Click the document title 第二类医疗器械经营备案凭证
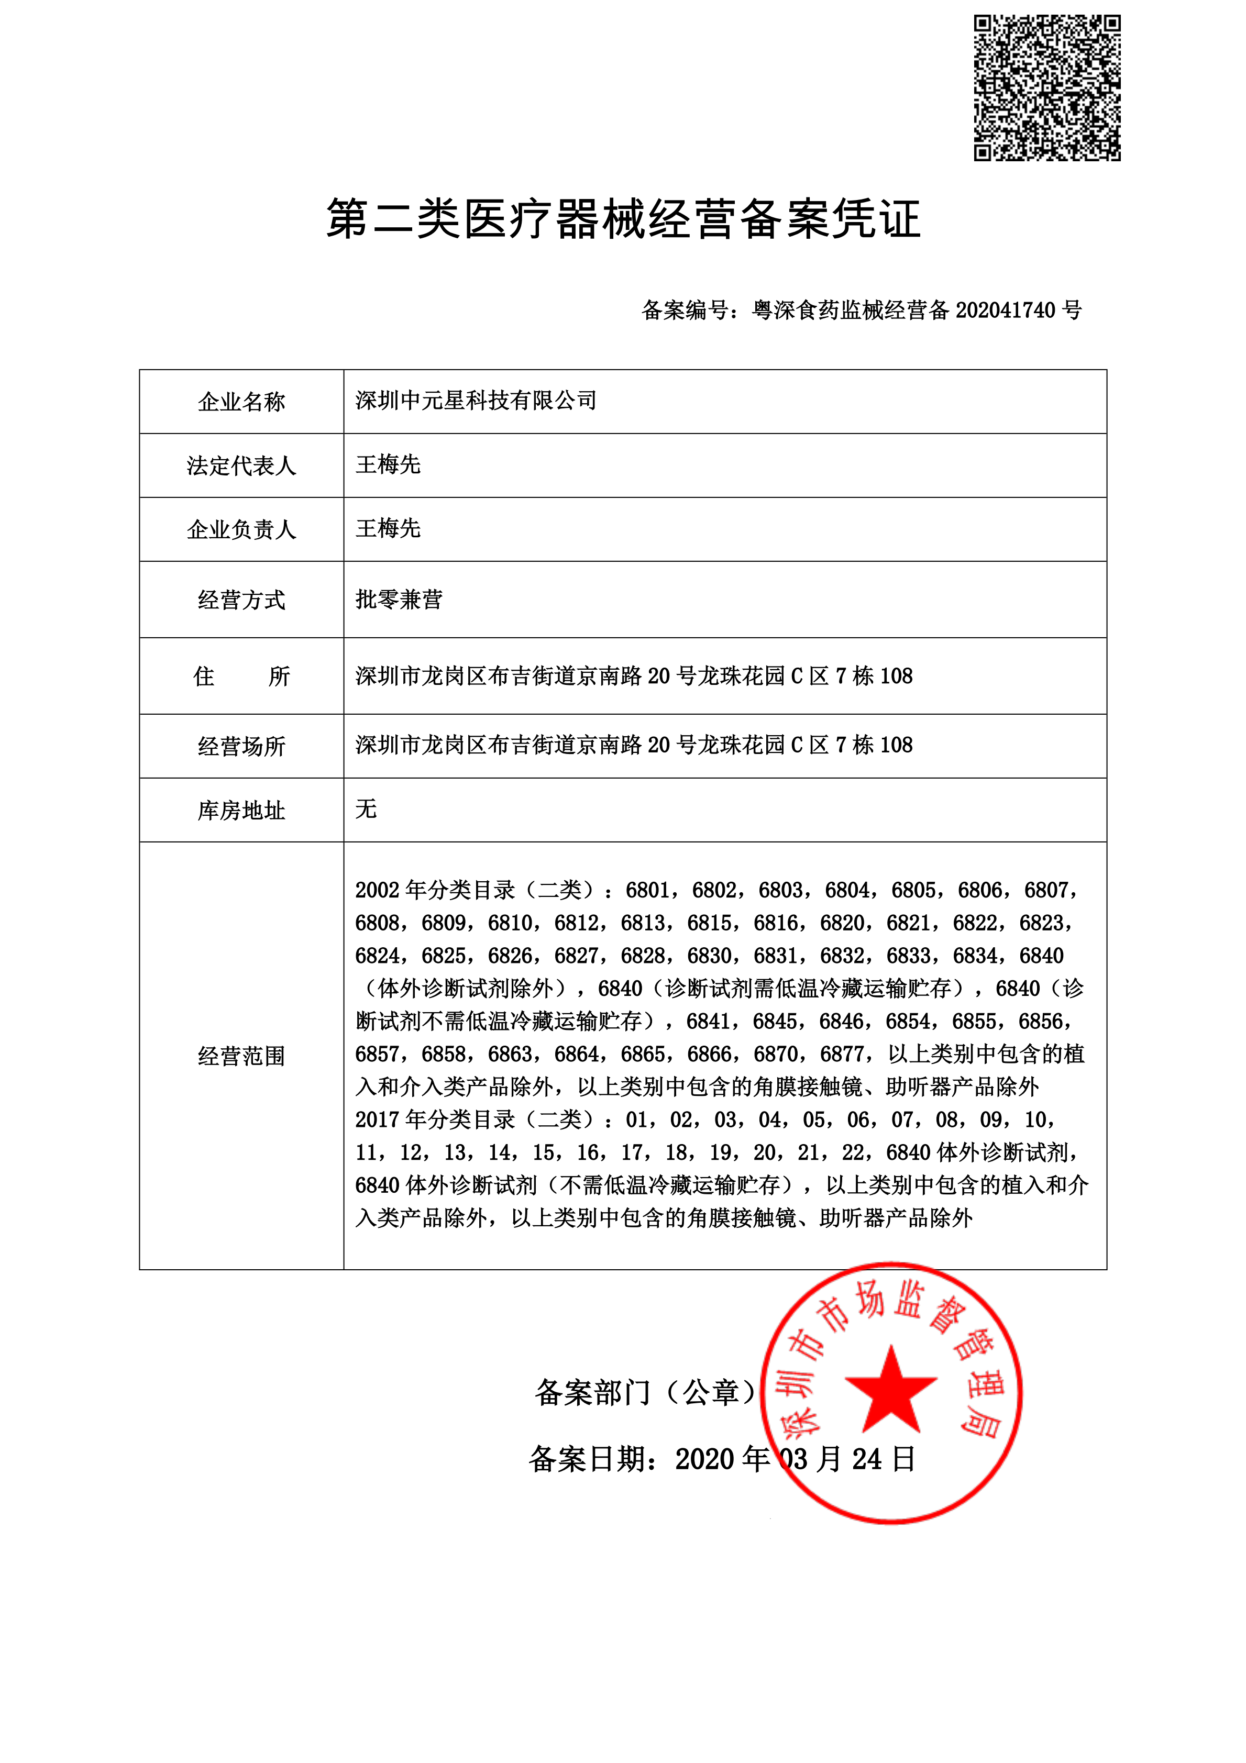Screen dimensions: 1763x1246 623,219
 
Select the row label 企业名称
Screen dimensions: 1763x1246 241,402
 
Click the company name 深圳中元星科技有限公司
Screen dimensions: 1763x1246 476,401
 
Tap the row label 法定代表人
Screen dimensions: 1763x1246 241,465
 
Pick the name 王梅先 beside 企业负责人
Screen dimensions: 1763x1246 388,528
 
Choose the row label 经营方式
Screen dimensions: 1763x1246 241,600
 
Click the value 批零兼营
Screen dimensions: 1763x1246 399,599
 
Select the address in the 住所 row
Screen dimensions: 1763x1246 634,675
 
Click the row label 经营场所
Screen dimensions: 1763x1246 241,746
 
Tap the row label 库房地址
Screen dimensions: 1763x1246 241,810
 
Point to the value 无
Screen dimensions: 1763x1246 366,808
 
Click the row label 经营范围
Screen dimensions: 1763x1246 241,1056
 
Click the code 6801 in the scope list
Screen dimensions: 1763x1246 647,890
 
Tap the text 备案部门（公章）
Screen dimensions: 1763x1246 645,1391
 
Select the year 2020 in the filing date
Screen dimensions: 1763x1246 704,1459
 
